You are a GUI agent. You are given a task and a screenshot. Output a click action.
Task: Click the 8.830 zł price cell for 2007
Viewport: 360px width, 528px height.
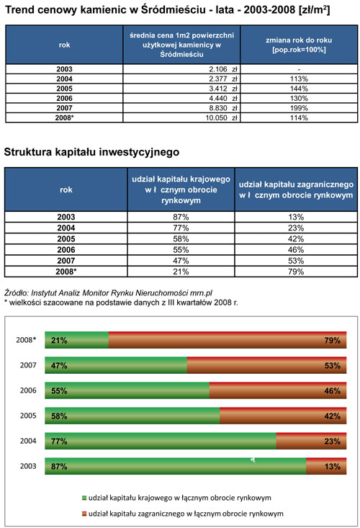[x=181, y=108]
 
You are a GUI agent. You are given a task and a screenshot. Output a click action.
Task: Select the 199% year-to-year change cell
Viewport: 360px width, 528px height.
[x=299, y=108]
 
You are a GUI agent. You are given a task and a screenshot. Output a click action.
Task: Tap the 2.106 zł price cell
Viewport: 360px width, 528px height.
[x=181, y=69]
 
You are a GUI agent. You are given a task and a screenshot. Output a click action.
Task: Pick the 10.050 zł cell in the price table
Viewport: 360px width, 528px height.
[x=181, y=118]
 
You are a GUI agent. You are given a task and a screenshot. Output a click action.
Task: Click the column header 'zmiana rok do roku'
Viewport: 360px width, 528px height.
[x=299, y=45]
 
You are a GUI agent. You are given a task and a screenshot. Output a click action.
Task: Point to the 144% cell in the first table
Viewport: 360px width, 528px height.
[x=299, y=89]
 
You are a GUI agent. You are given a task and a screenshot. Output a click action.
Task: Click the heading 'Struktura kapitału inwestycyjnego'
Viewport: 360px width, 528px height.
[x=91, y=152]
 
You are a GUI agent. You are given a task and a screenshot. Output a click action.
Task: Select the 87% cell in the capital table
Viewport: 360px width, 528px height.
[x=181, y=217]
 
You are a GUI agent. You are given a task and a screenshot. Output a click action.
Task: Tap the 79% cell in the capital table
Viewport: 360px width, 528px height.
[x=296, y=272]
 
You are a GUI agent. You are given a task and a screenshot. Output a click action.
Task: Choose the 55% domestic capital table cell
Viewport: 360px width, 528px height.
[x=181, y=250]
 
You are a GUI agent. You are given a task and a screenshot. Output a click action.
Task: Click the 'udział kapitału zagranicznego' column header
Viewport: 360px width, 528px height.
[x=296, y=189]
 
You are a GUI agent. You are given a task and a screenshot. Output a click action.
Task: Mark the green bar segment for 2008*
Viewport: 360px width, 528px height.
[x=77, y=340]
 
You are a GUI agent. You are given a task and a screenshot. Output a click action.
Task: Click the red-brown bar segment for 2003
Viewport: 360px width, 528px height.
[x=326, y=466]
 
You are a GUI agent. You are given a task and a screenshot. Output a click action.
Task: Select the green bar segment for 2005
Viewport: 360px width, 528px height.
[x=132, y=416]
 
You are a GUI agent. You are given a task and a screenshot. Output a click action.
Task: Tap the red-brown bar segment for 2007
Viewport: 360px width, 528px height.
[x=266, y=365]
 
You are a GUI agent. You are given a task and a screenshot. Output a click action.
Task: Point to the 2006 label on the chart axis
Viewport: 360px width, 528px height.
[x=28, y=390]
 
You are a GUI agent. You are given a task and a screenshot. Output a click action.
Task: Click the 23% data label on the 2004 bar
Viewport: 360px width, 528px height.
[x=333, y=441]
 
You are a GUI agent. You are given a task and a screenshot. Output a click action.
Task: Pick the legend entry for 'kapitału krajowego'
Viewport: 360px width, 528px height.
[x=177, y=498]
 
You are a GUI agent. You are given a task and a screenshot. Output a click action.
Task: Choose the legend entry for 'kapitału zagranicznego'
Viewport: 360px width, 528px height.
[x=183, y=514]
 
